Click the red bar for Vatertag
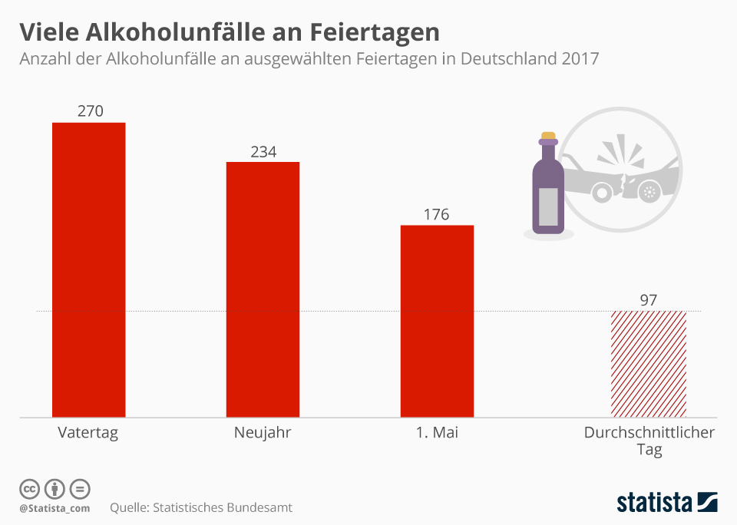[x=88, y=269]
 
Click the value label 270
[x=90, y=111]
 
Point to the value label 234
[x=263, y=151]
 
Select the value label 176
[x=436, y=214]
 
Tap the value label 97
[x=649, y=299]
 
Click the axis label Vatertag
[x=88, y=433]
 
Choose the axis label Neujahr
[x=263, y=433]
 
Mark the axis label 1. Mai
[x=437, y=433]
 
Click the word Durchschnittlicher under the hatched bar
[x=649, y=433]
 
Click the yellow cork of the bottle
[x=548, y=136]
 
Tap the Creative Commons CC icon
[x=29, y=488]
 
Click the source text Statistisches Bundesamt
[x=223, y=507]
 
